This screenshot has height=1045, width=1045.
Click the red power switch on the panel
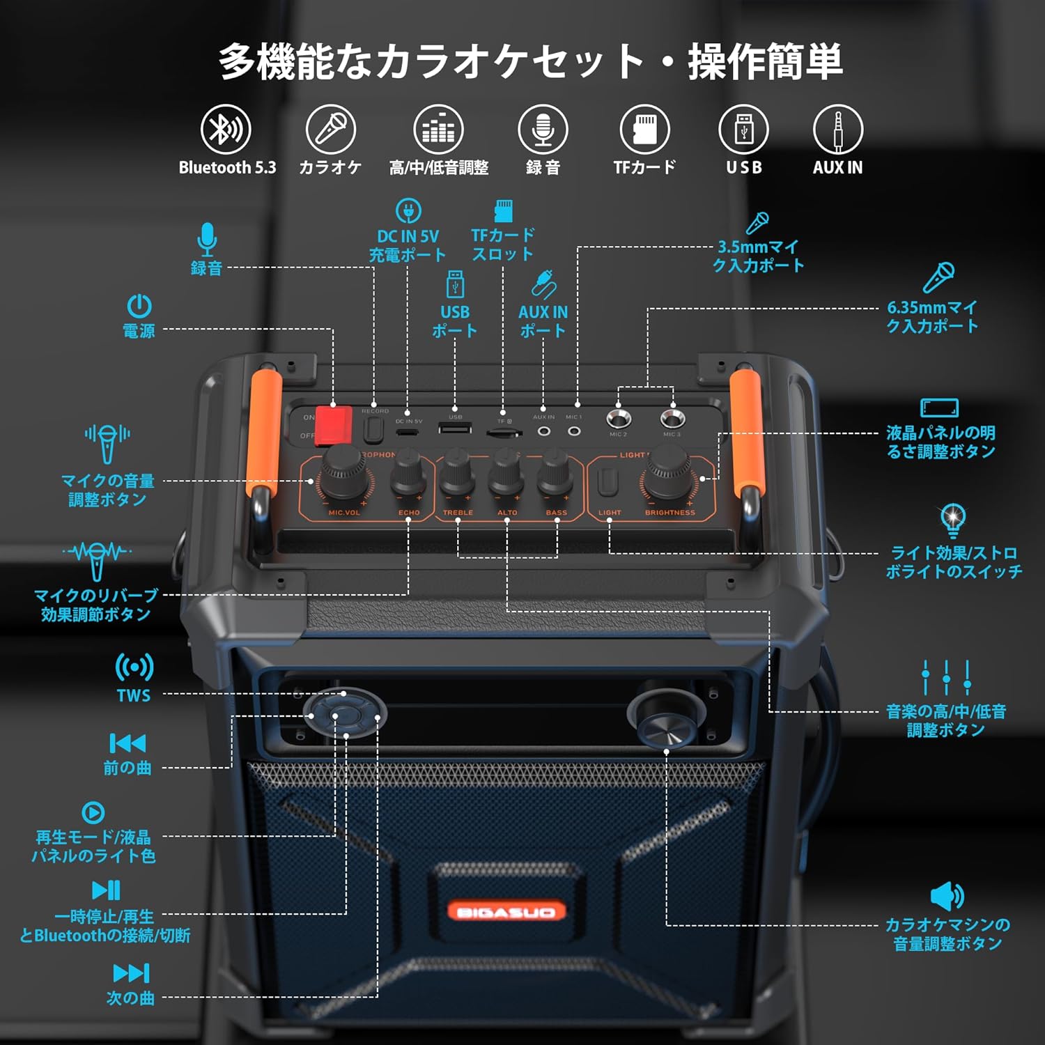pos(332,425)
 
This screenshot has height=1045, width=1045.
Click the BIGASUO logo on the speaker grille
pos(506,911)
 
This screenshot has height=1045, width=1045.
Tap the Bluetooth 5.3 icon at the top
pos(226,130)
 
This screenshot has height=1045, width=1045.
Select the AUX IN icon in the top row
pos(837,130)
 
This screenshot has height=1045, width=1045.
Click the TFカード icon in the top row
pos(644,130)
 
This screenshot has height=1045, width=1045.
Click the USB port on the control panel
pos(455,428)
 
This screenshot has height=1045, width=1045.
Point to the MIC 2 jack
pos(618,419)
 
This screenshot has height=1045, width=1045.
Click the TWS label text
pos(133,695)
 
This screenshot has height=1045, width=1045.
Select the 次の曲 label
pos(130,998)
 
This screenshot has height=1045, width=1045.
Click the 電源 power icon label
pos(139,330)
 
